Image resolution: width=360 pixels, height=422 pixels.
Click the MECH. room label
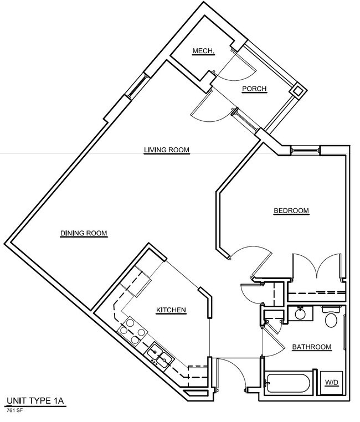(204, 51)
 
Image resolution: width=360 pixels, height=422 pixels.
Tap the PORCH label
(254, 89)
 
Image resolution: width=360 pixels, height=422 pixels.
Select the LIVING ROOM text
(167, 150)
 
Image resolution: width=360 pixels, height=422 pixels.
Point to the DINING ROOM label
(84, 233)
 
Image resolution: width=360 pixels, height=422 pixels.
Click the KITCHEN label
(171, 310)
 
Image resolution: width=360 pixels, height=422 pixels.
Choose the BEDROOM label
(291, 210)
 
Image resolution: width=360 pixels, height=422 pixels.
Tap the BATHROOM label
(312, 347)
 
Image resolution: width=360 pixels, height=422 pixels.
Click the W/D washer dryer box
(331, 383)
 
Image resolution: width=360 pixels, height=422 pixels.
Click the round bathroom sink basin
(300, 314)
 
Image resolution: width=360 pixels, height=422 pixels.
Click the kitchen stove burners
(133, 330)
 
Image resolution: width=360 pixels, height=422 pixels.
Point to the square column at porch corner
(297, 91)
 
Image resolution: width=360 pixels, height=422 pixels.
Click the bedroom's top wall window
(306, 150)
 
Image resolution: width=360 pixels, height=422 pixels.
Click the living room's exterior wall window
(138, 85)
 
